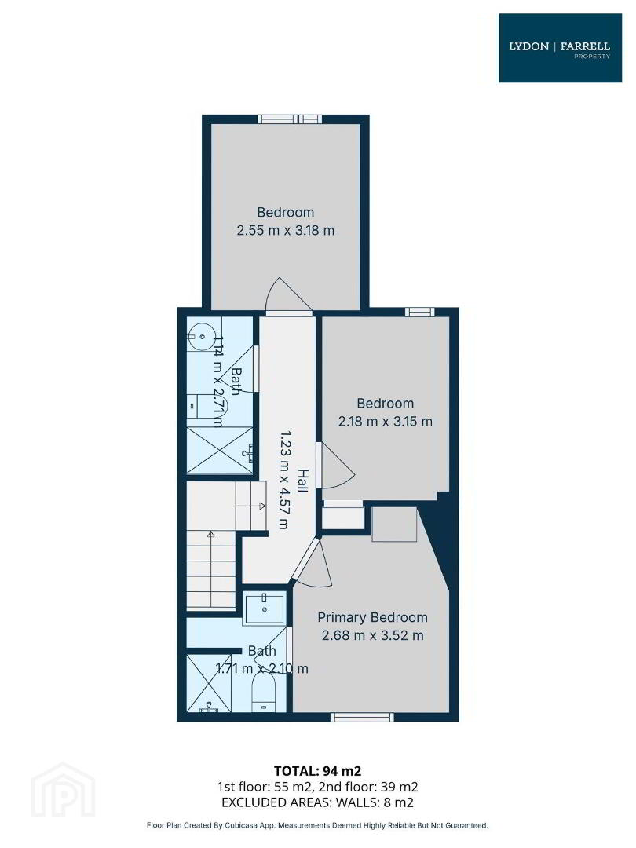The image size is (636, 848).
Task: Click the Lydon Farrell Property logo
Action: [560, 48]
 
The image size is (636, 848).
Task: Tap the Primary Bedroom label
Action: [372, 617]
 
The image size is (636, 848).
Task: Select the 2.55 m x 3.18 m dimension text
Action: [286, 230]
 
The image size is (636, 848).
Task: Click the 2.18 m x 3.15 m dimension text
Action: [385, 422]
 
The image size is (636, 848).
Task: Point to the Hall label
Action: [302, 481]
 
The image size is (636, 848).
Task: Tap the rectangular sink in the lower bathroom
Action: [265, 608]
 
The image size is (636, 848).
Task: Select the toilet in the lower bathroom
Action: [265, 694]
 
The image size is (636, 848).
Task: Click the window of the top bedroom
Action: [289, 119]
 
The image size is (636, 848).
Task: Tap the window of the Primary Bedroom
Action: [362, 717]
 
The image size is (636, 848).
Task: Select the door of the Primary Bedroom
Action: [313, 564]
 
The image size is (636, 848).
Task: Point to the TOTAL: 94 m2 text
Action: [317, 771]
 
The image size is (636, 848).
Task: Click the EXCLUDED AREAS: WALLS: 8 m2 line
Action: [317, 802]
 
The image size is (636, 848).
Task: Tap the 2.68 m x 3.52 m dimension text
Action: [373, 635]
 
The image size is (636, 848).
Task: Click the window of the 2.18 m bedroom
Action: [420, 311]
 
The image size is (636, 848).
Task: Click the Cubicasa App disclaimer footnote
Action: [317, 826]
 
